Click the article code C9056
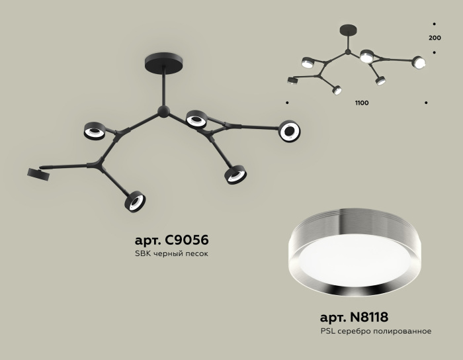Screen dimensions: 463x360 (x=187, y=240)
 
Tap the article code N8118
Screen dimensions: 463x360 (x=369, y=317)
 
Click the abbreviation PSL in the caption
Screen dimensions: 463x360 (x=327, y=331)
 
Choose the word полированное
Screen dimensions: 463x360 (x=402, y=332)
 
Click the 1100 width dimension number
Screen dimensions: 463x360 (x=362, y=103)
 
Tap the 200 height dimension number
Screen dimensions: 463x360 (x=435, y=38)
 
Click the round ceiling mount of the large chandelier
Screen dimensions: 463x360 (x=164, y=62)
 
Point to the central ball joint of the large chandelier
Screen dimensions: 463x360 (x=163, y=112)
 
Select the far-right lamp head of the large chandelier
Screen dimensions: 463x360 (x=290, y=131)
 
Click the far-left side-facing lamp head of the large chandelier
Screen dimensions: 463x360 (x=38, y=173)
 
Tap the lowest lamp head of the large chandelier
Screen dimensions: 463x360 (x=135, y=201)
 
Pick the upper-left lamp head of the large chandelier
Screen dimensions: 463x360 (x=94, y=130)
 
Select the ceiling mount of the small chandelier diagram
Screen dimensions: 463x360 (x=348, y=30)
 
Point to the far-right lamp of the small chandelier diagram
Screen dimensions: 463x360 (x=419, y=62)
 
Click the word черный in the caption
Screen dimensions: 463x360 (x=167, y=253)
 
